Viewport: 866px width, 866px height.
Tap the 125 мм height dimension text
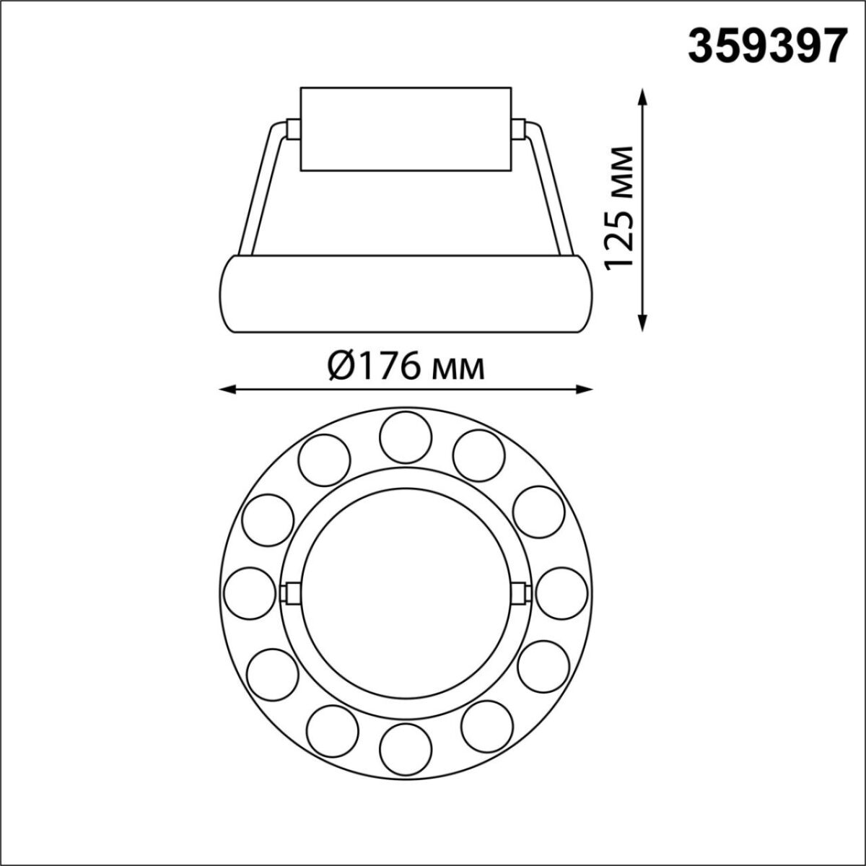click(x=620, y=209)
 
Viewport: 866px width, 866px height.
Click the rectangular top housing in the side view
click(x=405, y=130)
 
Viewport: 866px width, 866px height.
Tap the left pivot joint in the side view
click(x=293, y=129)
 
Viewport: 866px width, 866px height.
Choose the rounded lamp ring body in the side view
click(x=405, y=294)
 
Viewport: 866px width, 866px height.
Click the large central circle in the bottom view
click(x=405, y=592)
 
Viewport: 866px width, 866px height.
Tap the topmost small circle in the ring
click(x=405, y=437)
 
